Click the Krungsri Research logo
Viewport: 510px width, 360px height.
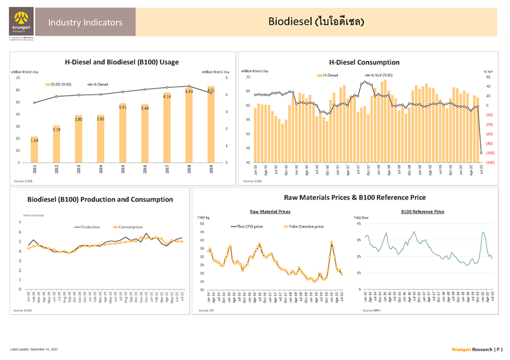pos(19,25)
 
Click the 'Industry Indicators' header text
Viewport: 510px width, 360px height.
pos(85,23)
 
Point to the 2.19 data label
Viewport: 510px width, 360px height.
pos(57,130)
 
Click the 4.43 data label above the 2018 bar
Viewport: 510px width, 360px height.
pos(189,91)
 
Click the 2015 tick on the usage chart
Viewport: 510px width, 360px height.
pos(122,170)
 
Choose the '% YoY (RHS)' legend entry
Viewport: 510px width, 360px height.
pos(381,75)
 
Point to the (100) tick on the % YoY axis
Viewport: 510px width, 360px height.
pos(489,154)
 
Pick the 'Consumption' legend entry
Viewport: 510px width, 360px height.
pos(131,227)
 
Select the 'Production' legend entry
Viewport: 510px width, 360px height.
pos(90,227)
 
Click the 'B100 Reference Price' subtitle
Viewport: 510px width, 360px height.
pos(423,211)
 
